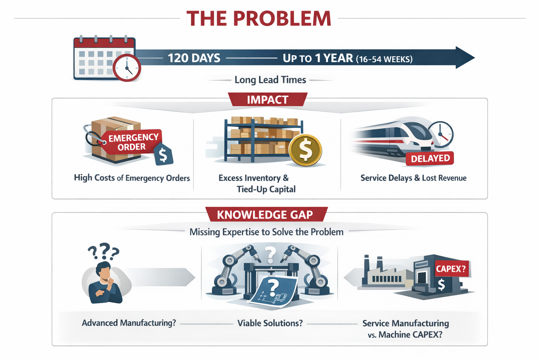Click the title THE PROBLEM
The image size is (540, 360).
pos(259,19)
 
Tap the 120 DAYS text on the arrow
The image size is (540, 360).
pos(194,58)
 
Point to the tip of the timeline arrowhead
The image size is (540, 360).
pos(474,58)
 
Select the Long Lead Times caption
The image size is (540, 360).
pos(270,80)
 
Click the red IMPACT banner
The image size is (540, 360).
pos(268,100)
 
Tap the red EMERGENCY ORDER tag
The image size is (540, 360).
pos(132,142)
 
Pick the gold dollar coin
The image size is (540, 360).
pos(305,150)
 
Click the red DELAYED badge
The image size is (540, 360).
pos(430,159)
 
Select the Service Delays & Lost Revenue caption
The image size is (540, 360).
pos(413,178)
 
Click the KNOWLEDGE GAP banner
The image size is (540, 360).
pos(265,214)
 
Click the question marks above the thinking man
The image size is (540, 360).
pos(103,251)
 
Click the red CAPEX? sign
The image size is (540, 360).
pos(451,269)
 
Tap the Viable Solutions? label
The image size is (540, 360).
pos(270,323)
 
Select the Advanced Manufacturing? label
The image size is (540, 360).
pos(129,323)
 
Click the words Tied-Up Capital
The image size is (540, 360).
pos(266,189)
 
